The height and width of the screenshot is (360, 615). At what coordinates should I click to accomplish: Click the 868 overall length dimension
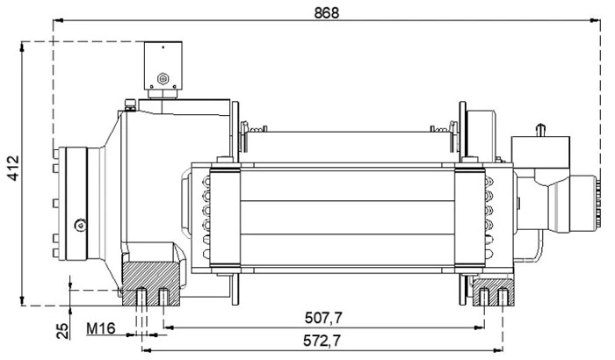(326, 11)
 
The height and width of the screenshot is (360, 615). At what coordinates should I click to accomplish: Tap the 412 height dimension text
(11, 173)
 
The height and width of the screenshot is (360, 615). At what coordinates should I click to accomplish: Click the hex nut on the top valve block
(163, 80)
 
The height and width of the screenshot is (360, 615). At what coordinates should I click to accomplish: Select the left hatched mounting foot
(151, 284)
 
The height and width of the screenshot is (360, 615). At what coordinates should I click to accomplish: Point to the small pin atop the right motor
(542, 129)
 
